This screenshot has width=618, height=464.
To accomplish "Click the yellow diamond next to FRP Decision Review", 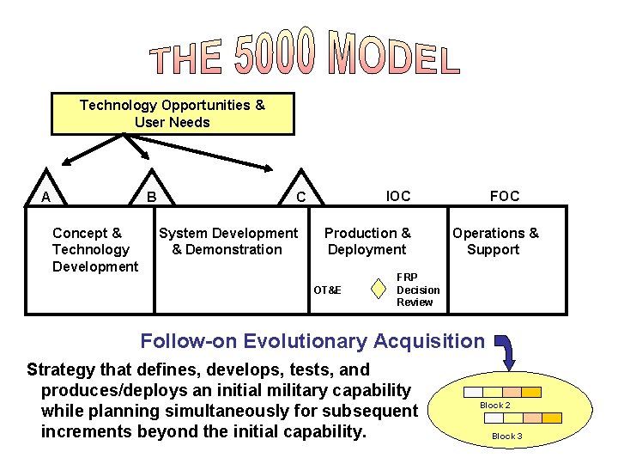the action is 379,289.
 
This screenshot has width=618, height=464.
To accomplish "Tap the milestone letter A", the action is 45,197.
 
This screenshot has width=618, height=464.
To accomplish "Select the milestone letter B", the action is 150,197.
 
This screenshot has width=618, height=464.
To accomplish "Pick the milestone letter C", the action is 300,197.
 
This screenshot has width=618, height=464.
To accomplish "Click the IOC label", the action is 398,196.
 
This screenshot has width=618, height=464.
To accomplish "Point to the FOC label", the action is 505,196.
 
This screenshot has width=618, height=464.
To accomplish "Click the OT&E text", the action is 326,290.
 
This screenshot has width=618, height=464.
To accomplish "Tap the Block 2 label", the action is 494,405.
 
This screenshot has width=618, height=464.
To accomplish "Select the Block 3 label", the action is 506,436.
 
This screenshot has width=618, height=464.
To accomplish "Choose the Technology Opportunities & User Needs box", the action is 173,114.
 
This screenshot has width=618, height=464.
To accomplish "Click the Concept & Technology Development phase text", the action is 94,249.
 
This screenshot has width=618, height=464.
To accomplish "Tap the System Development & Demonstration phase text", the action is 227,241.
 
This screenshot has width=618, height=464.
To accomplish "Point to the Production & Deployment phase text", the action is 367,241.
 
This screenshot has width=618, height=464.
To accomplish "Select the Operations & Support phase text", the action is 495,241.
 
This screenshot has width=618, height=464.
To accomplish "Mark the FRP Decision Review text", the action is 417,290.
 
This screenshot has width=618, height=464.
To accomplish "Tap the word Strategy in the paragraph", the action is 63,370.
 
